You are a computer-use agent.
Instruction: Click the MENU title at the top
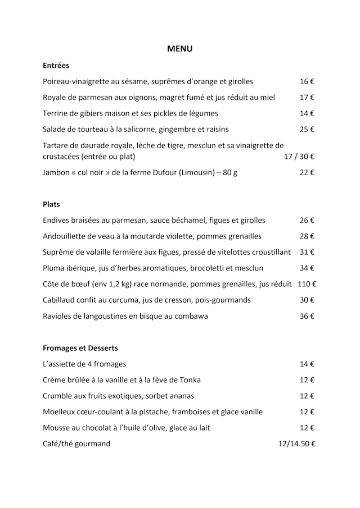(x=179, y=49)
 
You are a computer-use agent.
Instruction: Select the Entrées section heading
(x=56, y=65)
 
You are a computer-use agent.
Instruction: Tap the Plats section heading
(x=51, y=204)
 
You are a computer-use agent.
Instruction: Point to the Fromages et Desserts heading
(x=80, y=348)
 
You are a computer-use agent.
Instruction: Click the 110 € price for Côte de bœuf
(x=307, y=284)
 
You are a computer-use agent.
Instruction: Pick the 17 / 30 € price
(x=299, y=157)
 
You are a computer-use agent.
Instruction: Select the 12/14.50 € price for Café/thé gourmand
(x=296, y=444)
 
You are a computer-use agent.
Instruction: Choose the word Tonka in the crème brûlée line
(x=190, y=380)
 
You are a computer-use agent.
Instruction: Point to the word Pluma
(x=55, y=268)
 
